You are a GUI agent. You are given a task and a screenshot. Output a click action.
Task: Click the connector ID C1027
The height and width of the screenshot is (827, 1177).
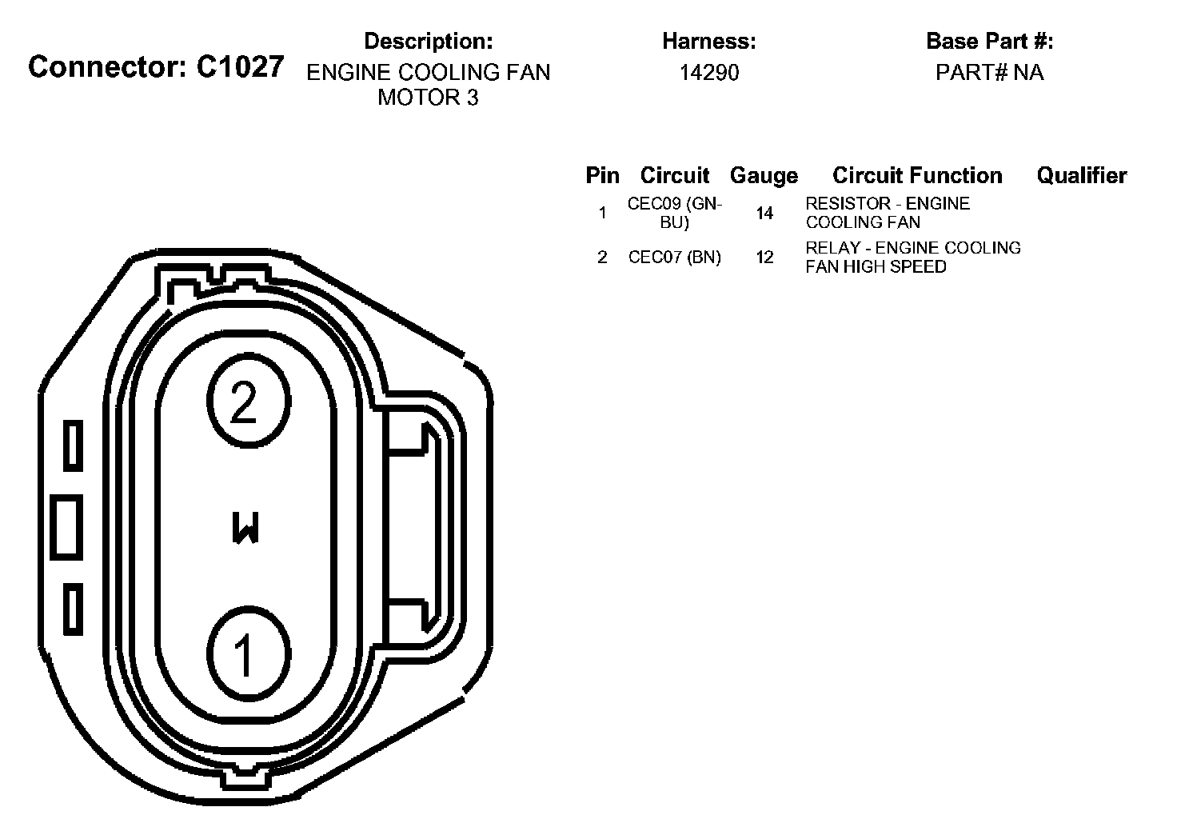point(240,67)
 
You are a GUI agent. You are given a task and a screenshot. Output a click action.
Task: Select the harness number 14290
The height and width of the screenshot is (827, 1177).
point(708,73)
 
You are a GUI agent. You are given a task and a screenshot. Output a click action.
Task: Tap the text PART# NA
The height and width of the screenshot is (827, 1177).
point(989,73)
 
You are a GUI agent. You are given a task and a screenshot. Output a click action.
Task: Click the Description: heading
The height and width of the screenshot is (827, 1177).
point(429,41)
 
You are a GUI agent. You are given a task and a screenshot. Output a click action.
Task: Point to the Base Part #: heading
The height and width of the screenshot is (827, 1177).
point(989,41)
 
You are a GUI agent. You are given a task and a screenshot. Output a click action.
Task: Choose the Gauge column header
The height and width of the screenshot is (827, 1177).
point(764,176)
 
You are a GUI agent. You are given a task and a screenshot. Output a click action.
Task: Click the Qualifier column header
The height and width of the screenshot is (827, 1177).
point(1081,175)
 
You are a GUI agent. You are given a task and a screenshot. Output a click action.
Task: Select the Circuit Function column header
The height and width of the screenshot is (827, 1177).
point(917,175)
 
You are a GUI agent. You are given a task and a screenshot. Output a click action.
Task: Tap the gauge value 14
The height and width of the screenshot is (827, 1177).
point(764,213)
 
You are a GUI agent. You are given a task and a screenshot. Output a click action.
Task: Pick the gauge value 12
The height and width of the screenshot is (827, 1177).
point(764,257)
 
